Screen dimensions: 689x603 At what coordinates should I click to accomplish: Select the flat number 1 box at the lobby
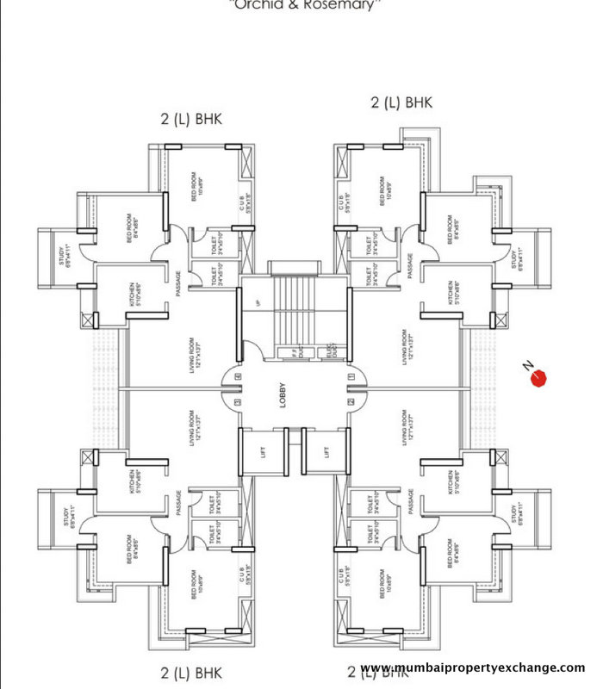[x=351, y=376]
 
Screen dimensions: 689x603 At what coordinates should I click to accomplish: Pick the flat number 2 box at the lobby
[x=351, y=401]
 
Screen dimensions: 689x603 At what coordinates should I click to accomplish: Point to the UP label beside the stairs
[x=257, y=303]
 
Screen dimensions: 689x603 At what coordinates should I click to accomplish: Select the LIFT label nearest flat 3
[x=262, y=451]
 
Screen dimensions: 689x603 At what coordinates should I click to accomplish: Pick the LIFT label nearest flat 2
[x=326, y=451]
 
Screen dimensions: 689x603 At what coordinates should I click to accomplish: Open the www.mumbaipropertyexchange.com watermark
[x=472, y=668]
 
